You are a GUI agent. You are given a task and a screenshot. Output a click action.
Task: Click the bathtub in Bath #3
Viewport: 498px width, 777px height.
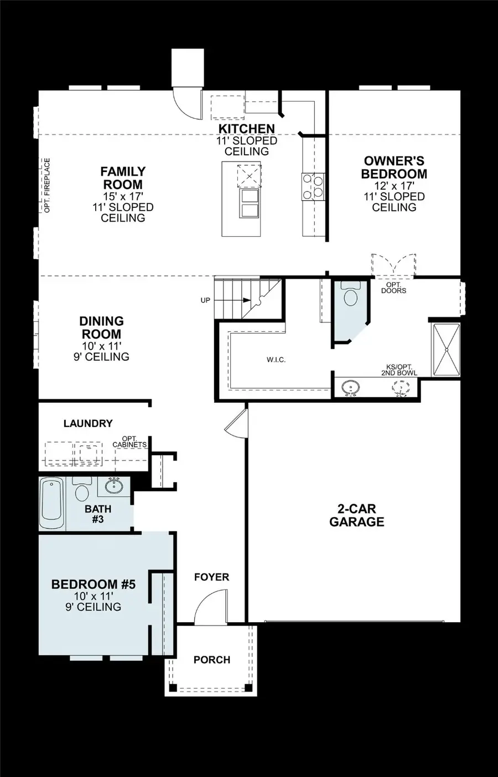click(51, 503)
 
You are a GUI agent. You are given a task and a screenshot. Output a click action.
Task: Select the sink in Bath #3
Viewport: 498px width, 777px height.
click(114, 486)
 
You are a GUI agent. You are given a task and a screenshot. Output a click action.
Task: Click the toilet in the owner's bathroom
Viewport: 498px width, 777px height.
click(350, 295)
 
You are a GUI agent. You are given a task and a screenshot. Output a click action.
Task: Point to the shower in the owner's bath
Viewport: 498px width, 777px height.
click(445, 350)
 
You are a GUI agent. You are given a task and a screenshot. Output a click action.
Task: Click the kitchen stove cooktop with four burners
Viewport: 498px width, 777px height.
click(313, 186)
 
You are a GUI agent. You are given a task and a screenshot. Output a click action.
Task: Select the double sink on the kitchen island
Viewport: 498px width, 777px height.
click(250, 203)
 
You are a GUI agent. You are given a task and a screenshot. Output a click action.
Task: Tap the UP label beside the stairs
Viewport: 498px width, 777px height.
click(205, 300)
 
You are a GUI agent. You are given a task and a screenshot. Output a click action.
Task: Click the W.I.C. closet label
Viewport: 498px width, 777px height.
click(276, 360)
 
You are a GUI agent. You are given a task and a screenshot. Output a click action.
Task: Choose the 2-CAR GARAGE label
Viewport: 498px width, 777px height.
click(356, 515)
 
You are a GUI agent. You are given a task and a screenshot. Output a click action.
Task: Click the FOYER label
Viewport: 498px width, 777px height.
click(211, 577)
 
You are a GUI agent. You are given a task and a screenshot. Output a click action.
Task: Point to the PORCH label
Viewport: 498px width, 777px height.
click(211, 660)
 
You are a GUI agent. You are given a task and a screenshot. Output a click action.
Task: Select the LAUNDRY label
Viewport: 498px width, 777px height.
click(88, 424)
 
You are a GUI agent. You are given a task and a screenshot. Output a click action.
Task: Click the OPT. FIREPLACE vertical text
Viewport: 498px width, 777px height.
click(47, 185)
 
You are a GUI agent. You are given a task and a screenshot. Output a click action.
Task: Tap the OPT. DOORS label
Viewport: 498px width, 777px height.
click(393, 288)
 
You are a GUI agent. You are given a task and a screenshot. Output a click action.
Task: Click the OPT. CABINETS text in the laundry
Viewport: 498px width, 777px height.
click(129, 442)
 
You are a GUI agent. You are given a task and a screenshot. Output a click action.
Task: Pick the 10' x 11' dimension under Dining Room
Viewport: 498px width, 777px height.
click(101, 346)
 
